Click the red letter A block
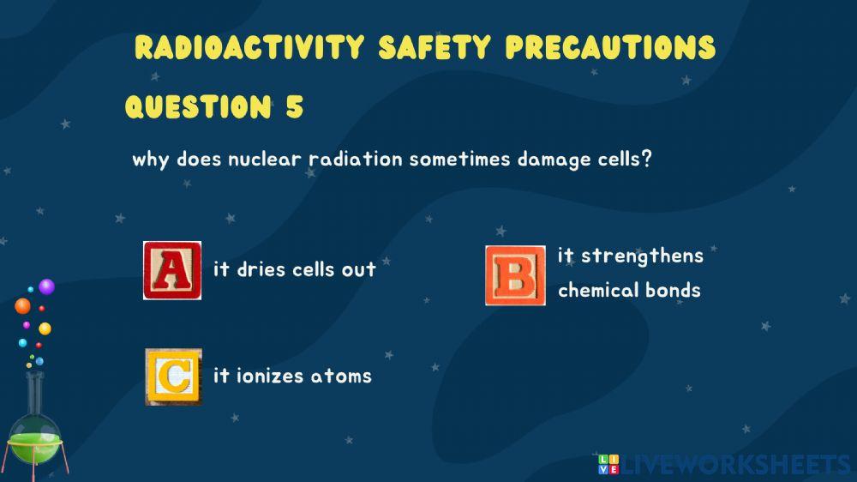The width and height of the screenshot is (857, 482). [172, 270]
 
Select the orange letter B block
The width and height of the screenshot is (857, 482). [515, 275]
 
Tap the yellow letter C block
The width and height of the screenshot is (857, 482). [173, 377]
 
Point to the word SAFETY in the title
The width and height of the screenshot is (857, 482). [436, 47]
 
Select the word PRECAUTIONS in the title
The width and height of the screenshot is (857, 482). [609, 47]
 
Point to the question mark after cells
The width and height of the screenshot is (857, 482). [646, 160]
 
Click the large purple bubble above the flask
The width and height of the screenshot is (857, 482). [46, 286]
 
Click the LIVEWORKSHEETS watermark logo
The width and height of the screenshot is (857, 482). [725, 465]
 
